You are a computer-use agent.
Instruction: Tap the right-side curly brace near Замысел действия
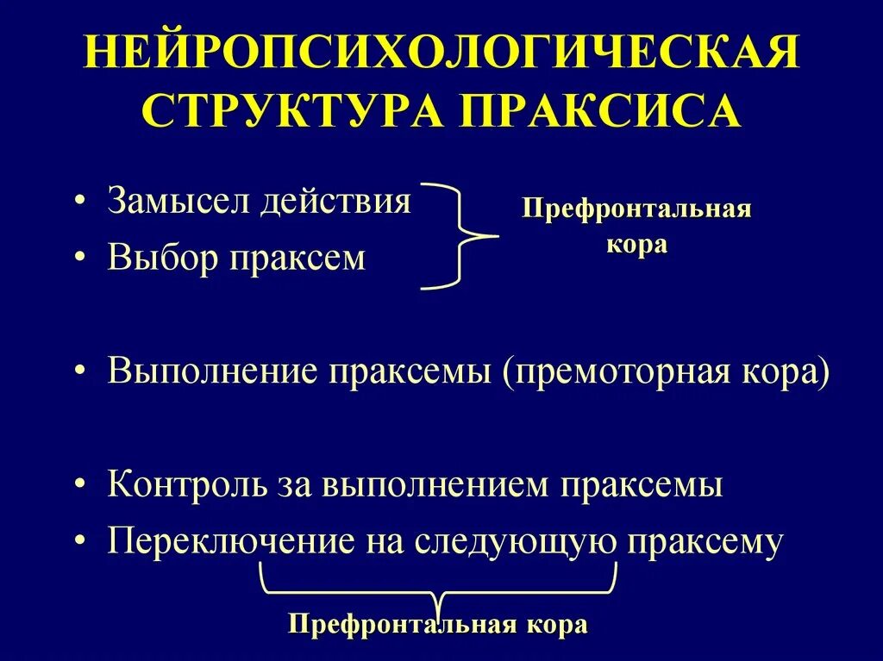pyautogui.click(x=464, y=235)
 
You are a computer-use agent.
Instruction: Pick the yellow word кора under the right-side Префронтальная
pyautogui.click(x=636, y=244)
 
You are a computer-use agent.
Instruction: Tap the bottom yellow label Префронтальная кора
pyautogui.click(x=438, y=624)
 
